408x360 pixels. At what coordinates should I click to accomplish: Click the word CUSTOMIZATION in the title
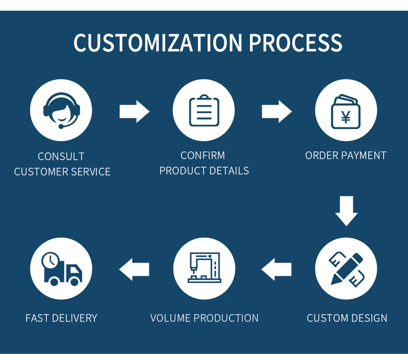(158, 43)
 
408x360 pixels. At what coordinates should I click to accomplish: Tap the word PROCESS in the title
(295, 43)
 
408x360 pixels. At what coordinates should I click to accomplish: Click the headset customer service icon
(61, 111)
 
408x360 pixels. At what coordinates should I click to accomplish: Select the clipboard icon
(203, 111)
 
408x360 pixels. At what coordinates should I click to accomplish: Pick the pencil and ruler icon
(346, 268)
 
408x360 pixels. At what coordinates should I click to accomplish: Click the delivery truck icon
(61, 269)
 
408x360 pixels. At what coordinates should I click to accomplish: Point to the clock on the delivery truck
(50, 261)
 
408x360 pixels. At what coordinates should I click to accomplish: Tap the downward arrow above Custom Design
(346, 211)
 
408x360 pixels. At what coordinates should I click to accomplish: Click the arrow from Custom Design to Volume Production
(276, 269)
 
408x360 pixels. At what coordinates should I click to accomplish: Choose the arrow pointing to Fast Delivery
(134, 269)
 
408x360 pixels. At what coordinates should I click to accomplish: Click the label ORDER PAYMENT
(346, 156)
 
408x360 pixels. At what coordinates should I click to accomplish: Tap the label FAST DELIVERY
(61, 318)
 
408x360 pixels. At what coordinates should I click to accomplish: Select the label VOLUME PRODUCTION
(204, 318)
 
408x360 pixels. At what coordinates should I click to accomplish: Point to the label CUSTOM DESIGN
(347, 318)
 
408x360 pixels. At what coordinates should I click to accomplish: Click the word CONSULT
(61, 157)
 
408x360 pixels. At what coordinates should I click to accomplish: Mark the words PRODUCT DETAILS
(204, 171)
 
